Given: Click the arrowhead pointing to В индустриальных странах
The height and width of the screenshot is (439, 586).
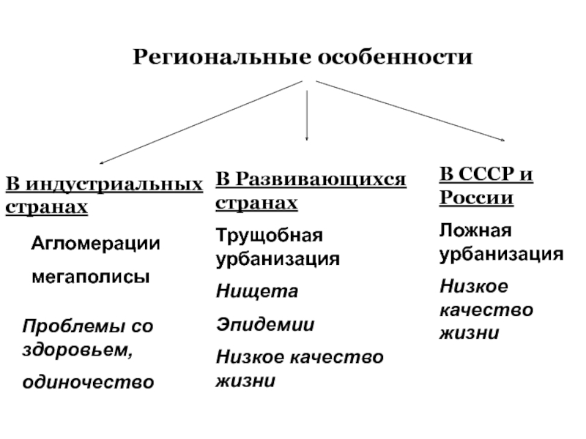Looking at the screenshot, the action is [x=103, y=163].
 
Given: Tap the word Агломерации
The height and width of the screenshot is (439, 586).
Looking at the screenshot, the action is [x=95, y=244].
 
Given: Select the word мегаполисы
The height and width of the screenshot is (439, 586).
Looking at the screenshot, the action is [x=89, y=278].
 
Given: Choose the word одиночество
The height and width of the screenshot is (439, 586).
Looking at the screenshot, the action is [x=88, y=381].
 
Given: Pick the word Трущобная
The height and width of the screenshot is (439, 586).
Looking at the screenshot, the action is [x=269, y=237].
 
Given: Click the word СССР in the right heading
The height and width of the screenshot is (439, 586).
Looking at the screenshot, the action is [x=486, y=176].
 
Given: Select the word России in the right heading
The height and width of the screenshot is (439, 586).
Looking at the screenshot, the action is [x=476, y=199].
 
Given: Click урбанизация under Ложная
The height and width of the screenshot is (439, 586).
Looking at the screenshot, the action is [x=501, y=255].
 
